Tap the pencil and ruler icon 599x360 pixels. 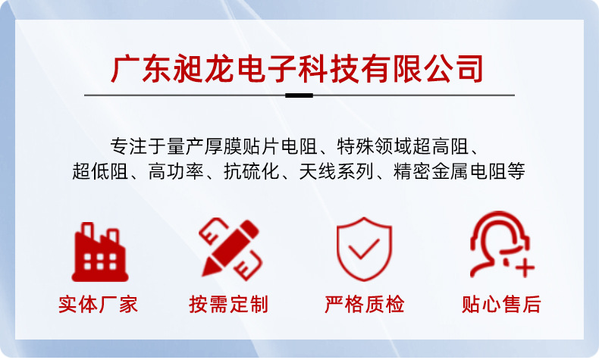point(230,249)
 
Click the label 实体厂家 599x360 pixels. point(99,305)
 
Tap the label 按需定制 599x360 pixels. point(229,305)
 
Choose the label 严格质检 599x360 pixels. point(365,305)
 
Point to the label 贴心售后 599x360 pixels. point(501,305)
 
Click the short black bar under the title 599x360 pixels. point(299,95)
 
